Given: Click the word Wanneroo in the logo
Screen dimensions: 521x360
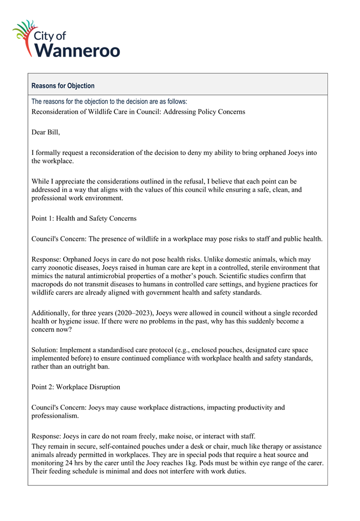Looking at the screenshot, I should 77,50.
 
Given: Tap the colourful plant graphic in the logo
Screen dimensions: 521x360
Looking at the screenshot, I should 25,34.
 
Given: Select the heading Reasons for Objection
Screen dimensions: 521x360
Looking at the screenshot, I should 63,86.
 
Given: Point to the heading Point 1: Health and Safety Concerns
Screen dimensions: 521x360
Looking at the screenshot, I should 84,218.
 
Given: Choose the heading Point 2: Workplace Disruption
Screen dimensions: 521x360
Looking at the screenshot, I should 76,386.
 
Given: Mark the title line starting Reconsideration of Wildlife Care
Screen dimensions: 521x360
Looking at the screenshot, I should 138,111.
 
